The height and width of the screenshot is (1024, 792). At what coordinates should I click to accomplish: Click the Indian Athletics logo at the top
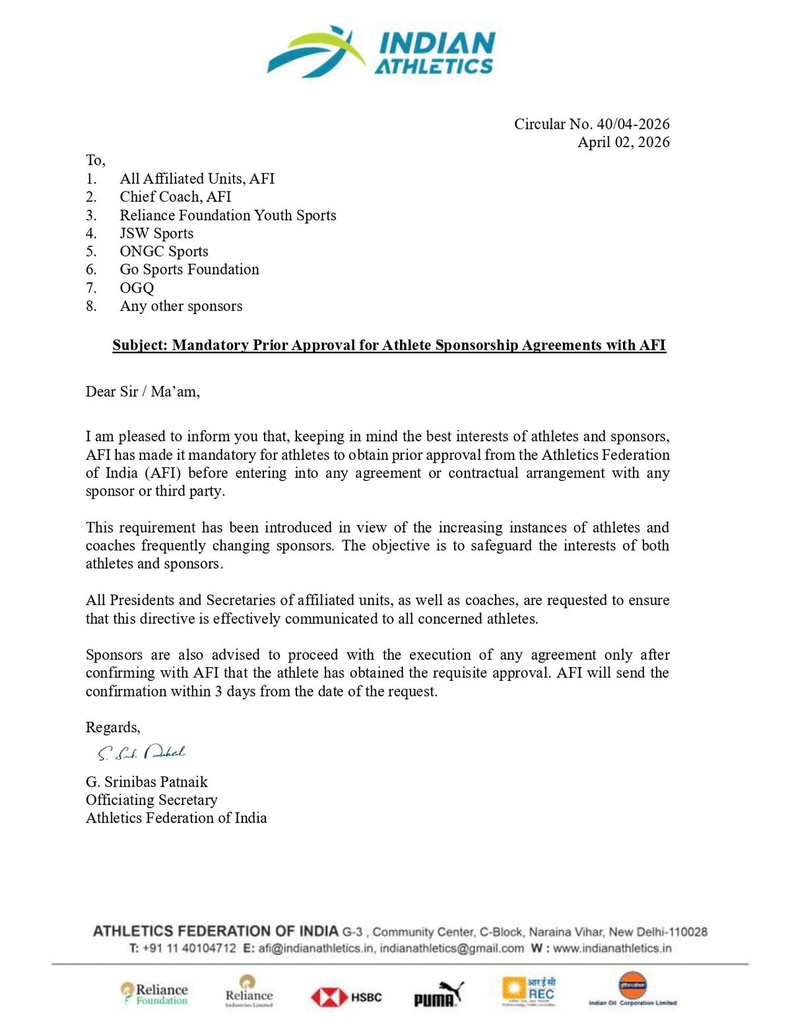tap(381, 51)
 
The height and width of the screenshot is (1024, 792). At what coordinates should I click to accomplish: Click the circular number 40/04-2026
tap(633, 124)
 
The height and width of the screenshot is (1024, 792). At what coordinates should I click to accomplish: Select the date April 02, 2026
tap(623, 142)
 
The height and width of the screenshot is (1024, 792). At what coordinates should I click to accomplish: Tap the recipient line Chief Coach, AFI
tap(175, 197)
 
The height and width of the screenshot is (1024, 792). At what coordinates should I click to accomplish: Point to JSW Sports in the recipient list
tap(156, 233)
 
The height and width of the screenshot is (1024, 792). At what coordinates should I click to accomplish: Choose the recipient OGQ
tap(137, 288)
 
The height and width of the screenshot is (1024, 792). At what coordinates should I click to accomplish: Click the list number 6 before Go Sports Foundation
tap(91, 269)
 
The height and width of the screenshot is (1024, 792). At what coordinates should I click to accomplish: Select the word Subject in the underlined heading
tap(139, 345)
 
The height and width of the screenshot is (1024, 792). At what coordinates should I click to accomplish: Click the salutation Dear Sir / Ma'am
tap(142, 391)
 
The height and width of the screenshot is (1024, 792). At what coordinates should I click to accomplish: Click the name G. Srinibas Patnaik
tap(147, 782)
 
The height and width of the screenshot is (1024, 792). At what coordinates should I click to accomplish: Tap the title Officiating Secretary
tap(151, 800)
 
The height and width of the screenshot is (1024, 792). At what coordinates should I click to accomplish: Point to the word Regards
tap(112, 727)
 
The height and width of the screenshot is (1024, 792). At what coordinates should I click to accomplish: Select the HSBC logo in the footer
tap(346, 997)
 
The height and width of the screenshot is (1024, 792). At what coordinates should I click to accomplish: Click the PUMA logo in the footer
tap(438, 995)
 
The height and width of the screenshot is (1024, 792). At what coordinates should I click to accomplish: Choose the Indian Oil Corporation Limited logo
tap(632, 990)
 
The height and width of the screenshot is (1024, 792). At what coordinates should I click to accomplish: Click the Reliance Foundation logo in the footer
tap(154, 994)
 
